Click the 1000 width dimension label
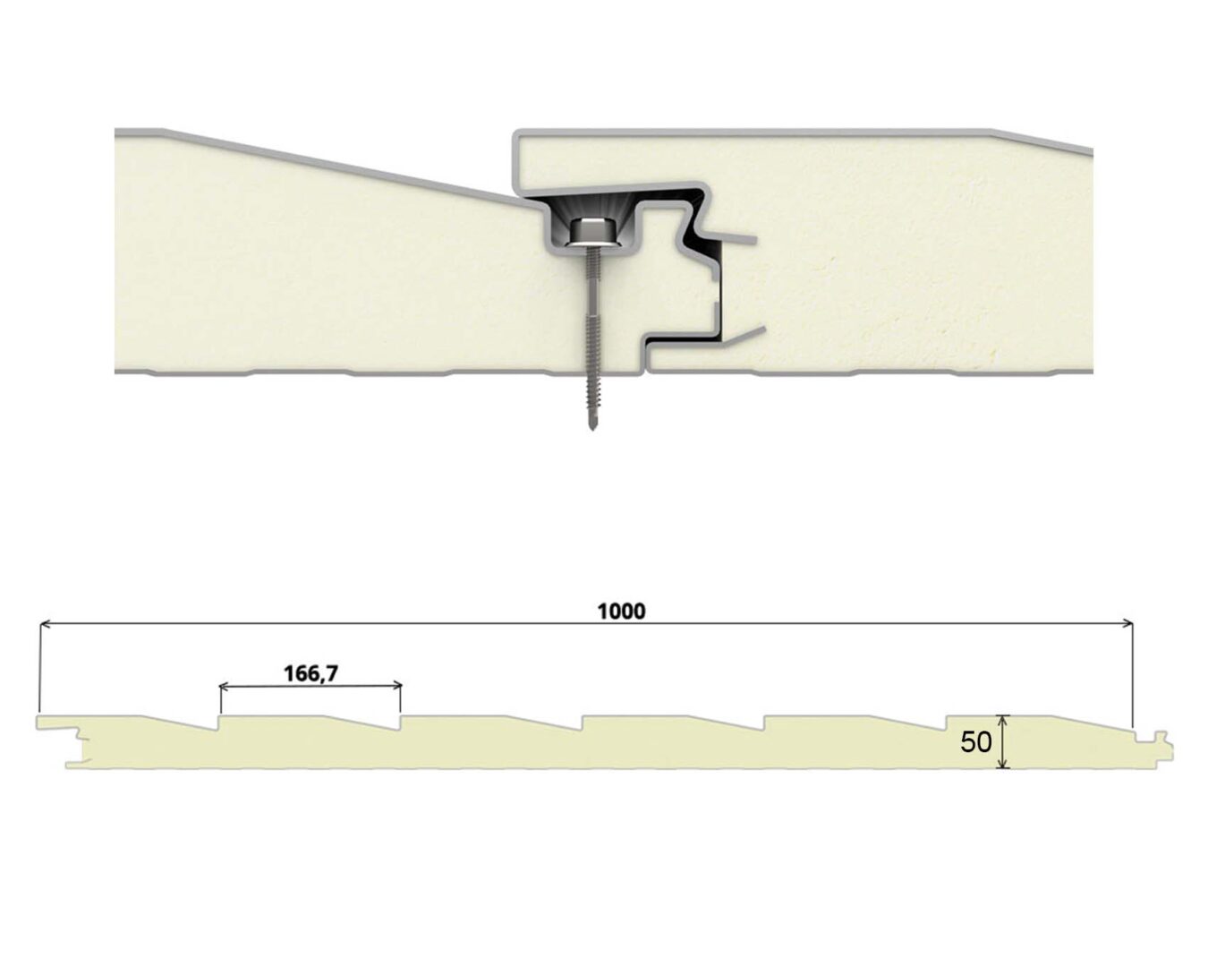621,612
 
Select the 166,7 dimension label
311,673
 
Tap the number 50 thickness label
976,742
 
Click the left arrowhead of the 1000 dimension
44,623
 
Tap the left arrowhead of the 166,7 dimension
223,686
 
